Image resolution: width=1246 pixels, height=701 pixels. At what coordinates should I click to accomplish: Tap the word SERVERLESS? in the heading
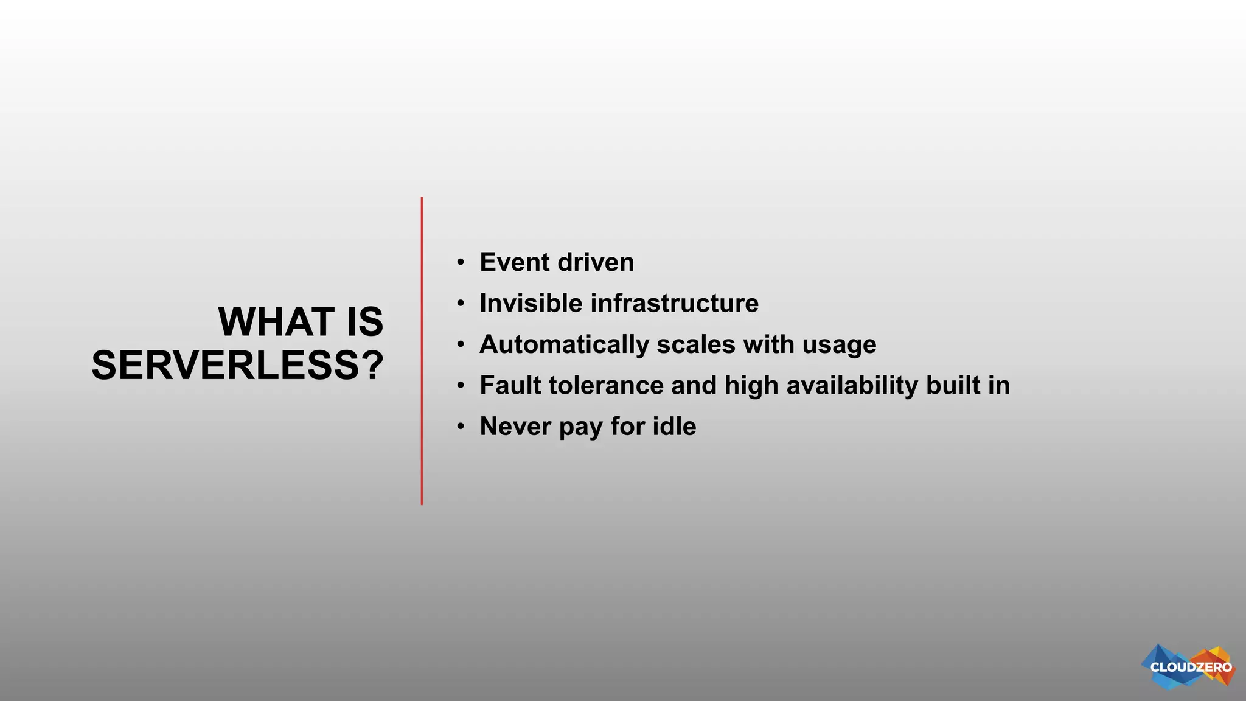(238, 365)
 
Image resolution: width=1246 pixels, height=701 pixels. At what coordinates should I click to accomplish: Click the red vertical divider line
(422, 350)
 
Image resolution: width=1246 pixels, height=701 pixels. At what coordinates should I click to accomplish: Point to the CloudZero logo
(1189, 667)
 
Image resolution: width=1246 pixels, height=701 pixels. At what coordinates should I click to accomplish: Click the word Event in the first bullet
(514, 262)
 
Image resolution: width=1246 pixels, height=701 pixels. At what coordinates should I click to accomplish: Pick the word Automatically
(564, 344)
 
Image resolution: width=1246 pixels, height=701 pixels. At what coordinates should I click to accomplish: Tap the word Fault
(510, 385)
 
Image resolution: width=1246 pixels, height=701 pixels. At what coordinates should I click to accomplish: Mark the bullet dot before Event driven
(461, 263)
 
